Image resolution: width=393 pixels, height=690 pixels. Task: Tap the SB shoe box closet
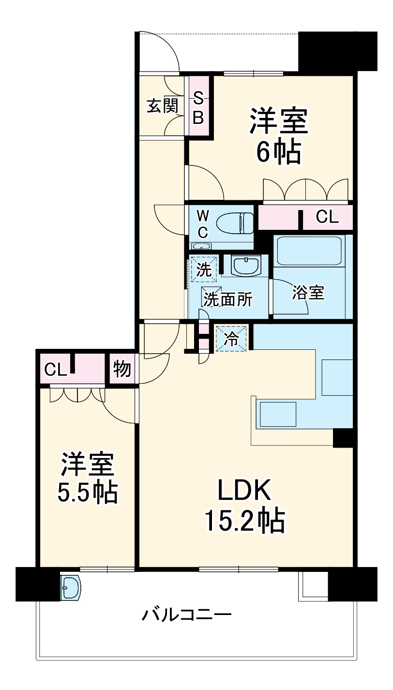pyautogui.click(x=199, y=107)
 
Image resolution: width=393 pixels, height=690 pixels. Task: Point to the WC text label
pyautogui.click(x=203, y=223)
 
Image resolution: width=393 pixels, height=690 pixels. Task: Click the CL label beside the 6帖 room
pyautogui.click(x=327, y=217)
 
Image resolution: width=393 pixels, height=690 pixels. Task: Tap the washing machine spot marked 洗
pyautogui.click(x=204, y=270)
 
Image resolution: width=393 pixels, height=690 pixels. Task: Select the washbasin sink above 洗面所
pyautogui.click(x=246, y=265)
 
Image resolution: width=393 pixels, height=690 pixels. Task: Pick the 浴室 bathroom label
pyautogui.click(x=308, y=293)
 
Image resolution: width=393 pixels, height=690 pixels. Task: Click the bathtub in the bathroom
pyautogui.click(x=308, y=250)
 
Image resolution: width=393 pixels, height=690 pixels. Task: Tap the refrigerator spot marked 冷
pyautogui.click(x=232, y=339)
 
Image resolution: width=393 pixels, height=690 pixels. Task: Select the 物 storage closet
pyautogui.click(x=122, y=370)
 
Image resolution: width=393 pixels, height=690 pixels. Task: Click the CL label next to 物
pyautogui.click(x=55, y=370)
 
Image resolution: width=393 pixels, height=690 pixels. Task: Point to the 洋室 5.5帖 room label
pyautogui.click(x=88, y=477)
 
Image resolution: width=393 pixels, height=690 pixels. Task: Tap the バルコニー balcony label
pyautogui.click(x=186, y=615)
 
